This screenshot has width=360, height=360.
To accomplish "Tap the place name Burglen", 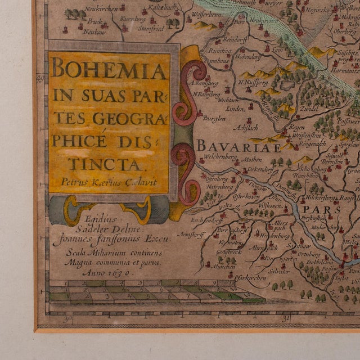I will (215, 119).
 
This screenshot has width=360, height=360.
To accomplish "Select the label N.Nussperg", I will (251, 83).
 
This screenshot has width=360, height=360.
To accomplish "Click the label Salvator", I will (279, 271).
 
